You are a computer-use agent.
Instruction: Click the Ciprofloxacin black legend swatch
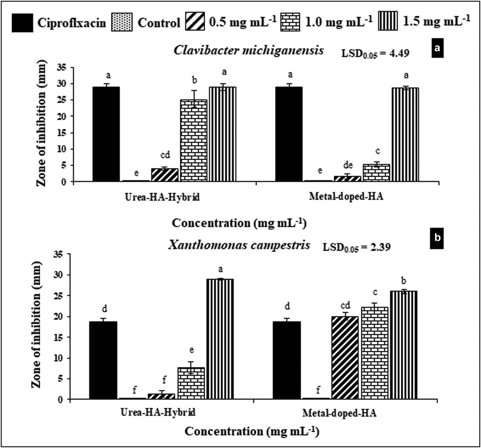pos(22,23)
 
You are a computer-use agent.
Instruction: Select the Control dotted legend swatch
pos(122,22)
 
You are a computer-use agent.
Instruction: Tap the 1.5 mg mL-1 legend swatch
pos(388,21)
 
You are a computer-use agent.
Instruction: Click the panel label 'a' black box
pos(437,48)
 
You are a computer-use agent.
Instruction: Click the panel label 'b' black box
pos(437,238)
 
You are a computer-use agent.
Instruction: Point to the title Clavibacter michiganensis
pos(249,50)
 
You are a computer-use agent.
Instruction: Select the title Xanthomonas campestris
pos(239,245)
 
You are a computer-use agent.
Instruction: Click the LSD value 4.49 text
pos(375,53)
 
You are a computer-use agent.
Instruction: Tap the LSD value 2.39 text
pos(357,247)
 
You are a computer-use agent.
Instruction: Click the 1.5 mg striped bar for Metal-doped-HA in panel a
pos(405,135)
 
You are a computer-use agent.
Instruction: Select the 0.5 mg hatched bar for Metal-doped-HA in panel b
pos(345,358)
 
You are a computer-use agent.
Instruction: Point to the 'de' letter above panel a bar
pos(348,165)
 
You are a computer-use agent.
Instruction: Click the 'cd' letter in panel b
pos(345,305)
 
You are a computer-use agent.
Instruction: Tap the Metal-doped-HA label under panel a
pos(346,196)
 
